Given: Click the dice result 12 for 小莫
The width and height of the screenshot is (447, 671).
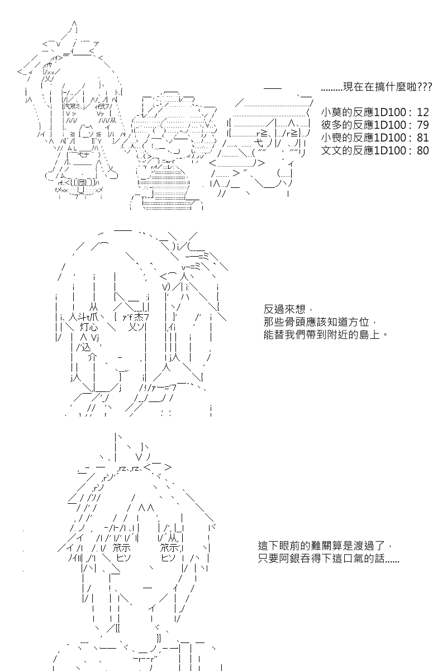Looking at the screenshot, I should tap(422, 112).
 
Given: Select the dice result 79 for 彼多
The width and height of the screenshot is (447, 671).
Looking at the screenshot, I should tap(422, 125).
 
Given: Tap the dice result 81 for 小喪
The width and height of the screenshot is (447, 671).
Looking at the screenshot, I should tap(422, 138).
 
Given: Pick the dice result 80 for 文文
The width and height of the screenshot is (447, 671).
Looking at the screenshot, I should tap(422, 150).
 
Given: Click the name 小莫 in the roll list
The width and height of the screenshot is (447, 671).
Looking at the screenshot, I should tap(331, 112).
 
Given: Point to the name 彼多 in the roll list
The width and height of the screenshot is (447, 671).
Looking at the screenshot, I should tap(331, 125).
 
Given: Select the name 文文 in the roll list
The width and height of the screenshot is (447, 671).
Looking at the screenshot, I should tap(331, 150).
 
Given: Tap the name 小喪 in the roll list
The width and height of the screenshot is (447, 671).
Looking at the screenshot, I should tap(331, 138).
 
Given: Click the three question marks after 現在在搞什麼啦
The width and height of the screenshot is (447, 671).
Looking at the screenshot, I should tap(425, 88).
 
